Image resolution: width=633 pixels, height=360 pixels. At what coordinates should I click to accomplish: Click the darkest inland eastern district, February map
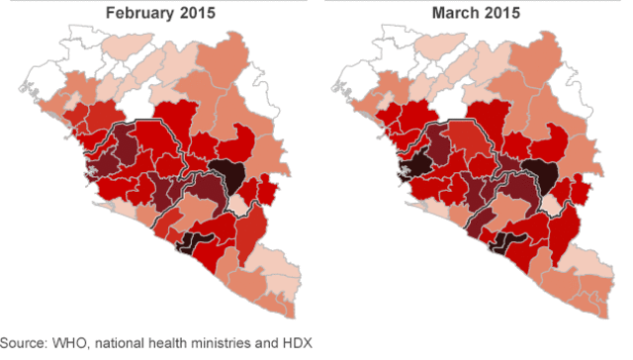pos(229,174)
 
